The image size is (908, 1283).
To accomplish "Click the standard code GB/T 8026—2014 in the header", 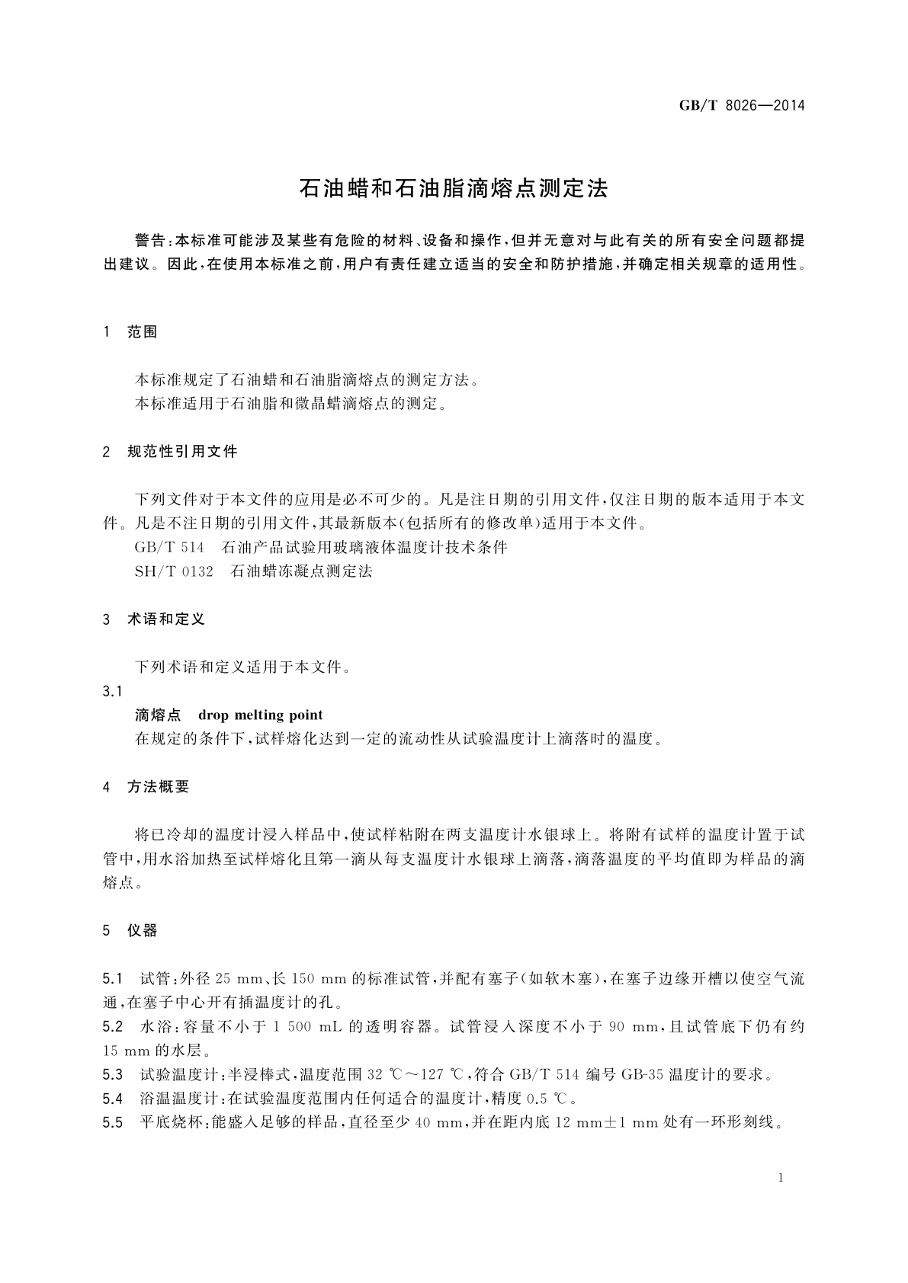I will [742, 105].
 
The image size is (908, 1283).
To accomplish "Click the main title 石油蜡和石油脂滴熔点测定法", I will [454, 189].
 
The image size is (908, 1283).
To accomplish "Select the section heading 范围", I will [143, 332].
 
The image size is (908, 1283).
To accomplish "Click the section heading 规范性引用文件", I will [182, 452].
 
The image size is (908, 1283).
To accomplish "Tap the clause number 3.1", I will [112, 691].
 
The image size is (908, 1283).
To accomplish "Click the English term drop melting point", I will [260, 715].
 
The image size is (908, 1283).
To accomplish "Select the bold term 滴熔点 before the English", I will [158, 715].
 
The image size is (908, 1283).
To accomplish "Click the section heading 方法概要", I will [158, 787].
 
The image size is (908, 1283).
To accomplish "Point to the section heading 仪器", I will [143, 930].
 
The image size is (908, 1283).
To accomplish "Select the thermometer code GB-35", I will [643, 1075].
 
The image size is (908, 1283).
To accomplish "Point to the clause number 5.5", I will [112, 1122].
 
